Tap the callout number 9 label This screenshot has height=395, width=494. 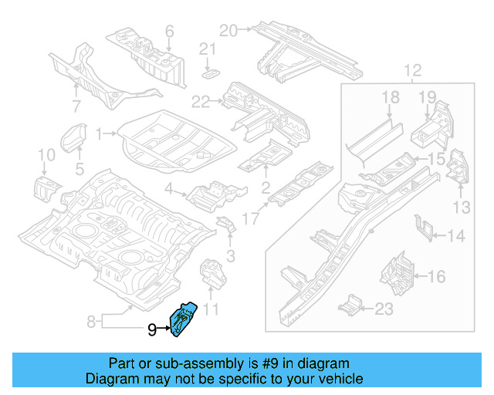(152, 331)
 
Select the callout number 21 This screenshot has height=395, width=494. (205, 49)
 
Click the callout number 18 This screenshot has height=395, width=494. (391, 96)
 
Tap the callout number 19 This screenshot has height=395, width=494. (428, 96)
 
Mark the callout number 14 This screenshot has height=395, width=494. (457, 235)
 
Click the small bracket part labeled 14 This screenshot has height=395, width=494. (423, 226)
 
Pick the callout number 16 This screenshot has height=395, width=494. (436, 275)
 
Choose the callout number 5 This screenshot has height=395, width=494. (80, 168)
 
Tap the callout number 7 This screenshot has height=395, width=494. (76, 106)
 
